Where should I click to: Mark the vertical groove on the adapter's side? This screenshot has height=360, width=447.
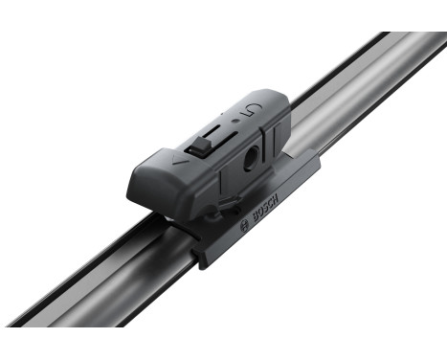tap(221, 186)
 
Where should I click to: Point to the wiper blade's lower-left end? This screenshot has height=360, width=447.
tap(29, 330)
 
